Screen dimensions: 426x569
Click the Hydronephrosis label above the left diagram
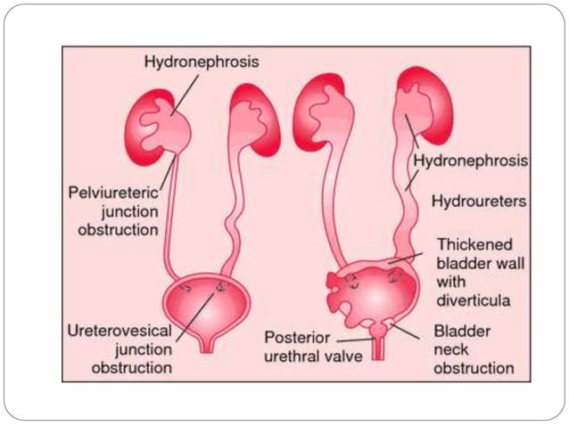189,61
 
